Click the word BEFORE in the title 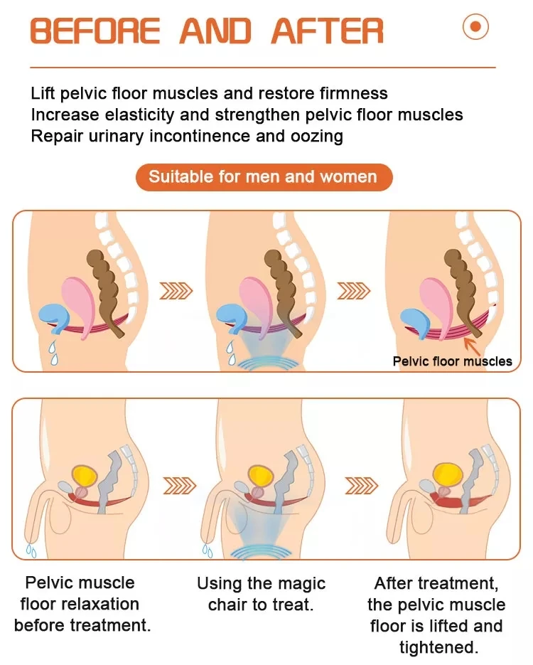(97, 31)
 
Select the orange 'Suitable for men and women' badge (264, 177)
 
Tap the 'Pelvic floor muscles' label (452, 361)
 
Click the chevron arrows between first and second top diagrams (176, 290)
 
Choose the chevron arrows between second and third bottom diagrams (361, 485)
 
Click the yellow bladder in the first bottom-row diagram (83, 474)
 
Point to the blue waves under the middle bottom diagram (264, 553)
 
